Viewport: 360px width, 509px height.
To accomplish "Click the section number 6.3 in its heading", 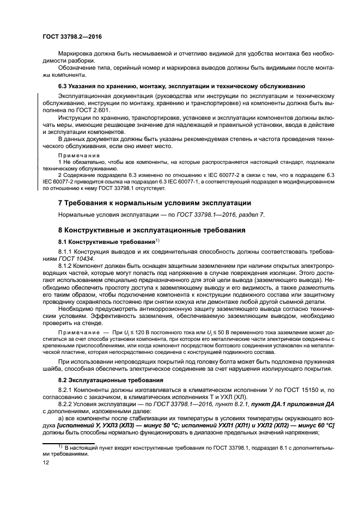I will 64,86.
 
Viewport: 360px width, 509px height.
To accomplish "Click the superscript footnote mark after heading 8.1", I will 157,240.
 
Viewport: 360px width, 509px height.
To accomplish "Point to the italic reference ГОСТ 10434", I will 74,259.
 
